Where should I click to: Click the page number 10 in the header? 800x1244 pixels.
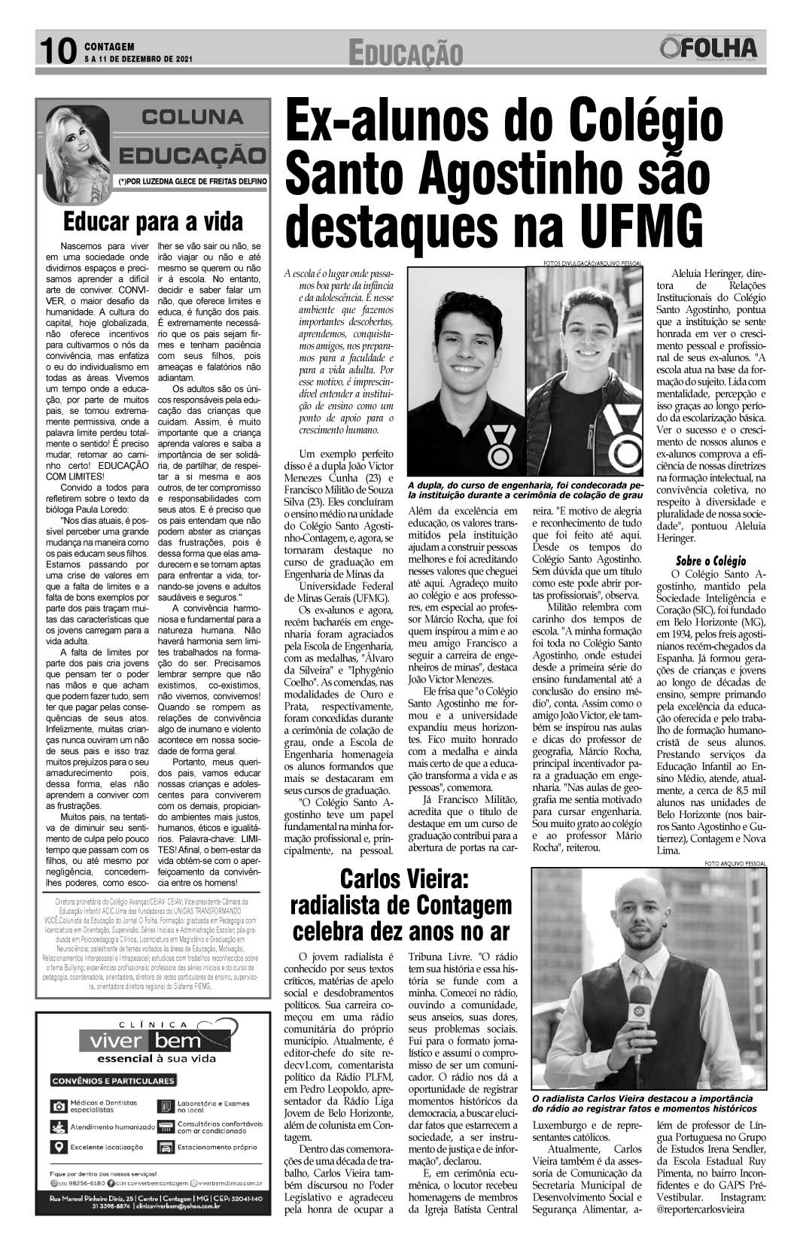[x=56, y=50]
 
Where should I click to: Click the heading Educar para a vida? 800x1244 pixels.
[x=154, y=221]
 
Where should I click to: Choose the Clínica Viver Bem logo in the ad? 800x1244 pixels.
[x=154, y=1043]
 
